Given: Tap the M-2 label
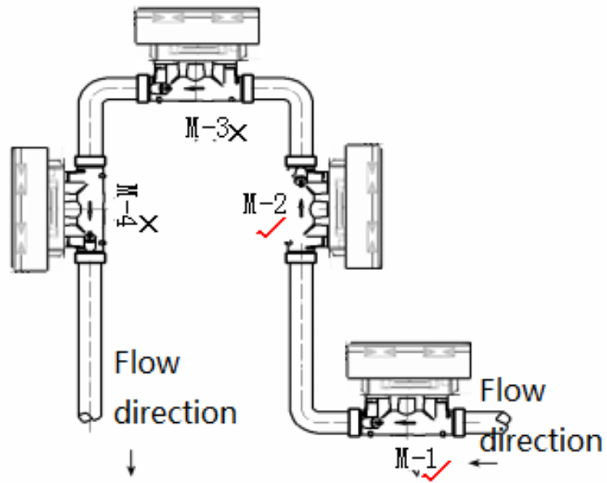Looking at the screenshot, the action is click(265, 204).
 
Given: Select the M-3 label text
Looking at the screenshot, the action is click(207, 128).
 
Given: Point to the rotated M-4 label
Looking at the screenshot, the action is click(126, 205).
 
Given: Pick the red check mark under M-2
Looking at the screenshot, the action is click(271, 228).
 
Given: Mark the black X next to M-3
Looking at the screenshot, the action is click(238, 133).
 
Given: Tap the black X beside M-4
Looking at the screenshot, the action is click(148, 224).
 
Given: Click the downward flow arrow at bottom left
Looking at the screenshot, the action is click(131, 463).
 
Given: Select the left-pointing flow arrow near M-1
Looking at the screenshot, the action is click(483, 463).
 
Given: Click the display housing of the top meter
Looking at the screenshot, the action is click(197, 26).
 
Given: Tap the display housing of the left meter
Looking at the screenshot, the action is click(30, 209).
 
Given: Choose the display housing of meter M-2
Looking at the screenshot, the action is click(364, 206).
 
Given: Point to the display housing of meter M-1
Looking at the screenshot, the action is click(409, 360).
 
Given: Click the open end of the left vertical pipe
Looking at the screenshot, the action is click(90, 417).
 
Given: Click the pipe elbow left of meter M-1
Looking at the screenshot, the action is click(303, 421).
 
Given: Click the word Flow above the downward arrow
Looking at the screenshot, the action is click(147, 362).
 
